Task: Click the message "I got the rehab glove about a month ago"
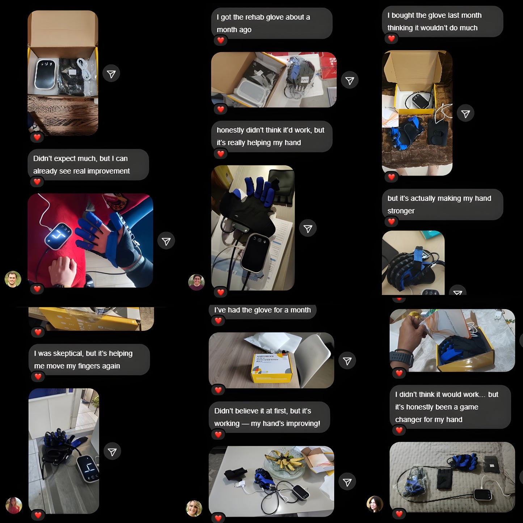click(x=271, y=23)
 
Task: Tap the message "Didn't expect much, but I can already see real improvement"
click(x=88, y=165)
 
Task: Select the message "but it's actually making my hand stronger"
click(x=442, y=204)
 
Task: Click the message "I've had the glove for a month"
click(x=262, y=310)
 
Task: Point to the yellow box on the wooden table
click(x=271, y=367)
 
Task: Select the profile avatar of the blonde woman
click(x=194, y=509)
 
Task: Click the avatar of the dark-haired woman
click(x=375, y=504)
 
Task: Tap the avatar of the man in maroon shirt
click(x=197, y=282)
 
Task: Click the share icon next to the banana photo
click(x=347, y=482)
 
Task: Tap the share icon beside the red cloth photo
click(x=166, y=241)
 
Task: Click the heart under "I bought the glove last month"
click(x=391, y=38)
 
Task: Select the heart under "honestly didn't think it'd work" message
click(x=220, y=154)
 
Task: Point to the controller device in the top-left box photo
click(x=45, y=74)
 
